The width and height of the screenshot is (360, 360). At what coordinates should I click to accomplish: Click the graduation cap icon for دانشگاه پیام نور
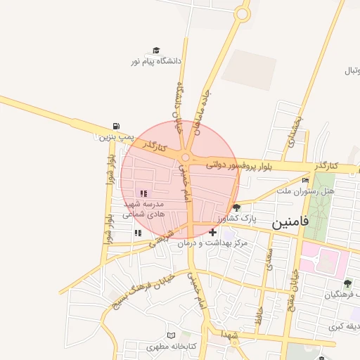(156, 51)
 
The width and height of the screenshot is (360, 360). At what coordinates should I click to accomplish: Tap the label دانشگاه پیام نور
(156, 62)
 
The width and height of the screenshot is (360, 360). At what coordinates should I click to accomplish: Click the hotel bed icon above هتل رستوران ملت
(304, 181)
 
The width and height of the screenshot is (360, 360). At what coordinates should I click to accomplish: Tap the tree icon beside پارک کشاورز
(236, 207)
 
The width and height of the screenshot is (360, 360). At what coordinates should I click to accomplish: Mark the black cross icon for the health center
(212, 231)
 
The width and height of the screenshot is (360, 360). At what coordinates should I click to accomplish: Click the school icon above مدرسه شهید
(143, 193)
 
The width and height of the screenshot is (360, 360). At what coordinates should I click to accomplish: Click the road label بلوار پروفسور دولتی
(237, 166)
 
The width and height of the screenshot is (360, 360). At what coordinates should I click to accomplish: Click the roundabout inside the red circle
(186, 158)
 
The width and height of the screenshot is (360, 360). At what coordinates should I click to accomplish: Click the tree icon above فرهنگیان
(347, 283)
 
